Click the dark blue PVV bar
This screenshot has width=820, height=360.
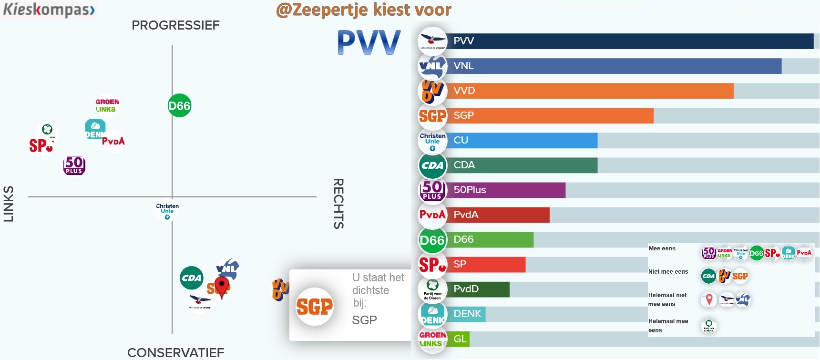coord(629,41)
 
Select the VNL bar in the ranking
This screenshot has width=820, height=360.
coord(615,66)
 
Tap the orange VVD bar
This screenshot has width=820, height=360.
coord(591,91)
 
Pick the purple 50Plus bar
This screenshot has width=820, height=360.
coord(505,190)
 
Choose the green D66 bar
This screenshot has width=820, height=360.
coord(491,239)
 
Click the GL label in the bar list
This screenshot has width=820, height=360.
coord(460,339)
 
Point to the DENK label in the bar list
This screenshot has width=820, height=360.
coord(467,314)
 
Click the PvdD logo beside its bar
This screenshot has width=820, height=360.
coord(432,289)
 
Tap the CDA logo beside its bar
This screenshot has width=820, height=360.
coord(432,165)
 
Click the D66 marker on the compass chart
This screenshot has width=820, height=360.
coord(179,106)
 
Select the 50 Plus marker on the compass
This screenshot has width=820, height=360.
coord(74,165)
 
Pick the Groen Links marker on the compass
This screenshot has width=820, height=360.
coord(107,105)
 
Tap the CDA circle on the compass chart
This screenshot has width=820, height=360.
coord(192,278)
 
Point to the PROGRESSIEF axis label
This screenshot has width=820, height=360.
coord(175,25)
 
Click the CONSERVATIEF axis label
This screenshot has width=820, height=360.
coord(175,353)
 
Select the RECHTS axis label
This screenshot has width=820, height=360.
coord(338,204)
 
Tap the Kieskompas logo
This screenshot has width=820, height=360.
coord(49,10)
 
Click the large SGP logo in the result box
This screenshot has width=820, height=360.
coord(315,307)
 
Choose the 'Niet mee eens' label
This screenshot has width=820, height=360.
coord(668,272)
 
